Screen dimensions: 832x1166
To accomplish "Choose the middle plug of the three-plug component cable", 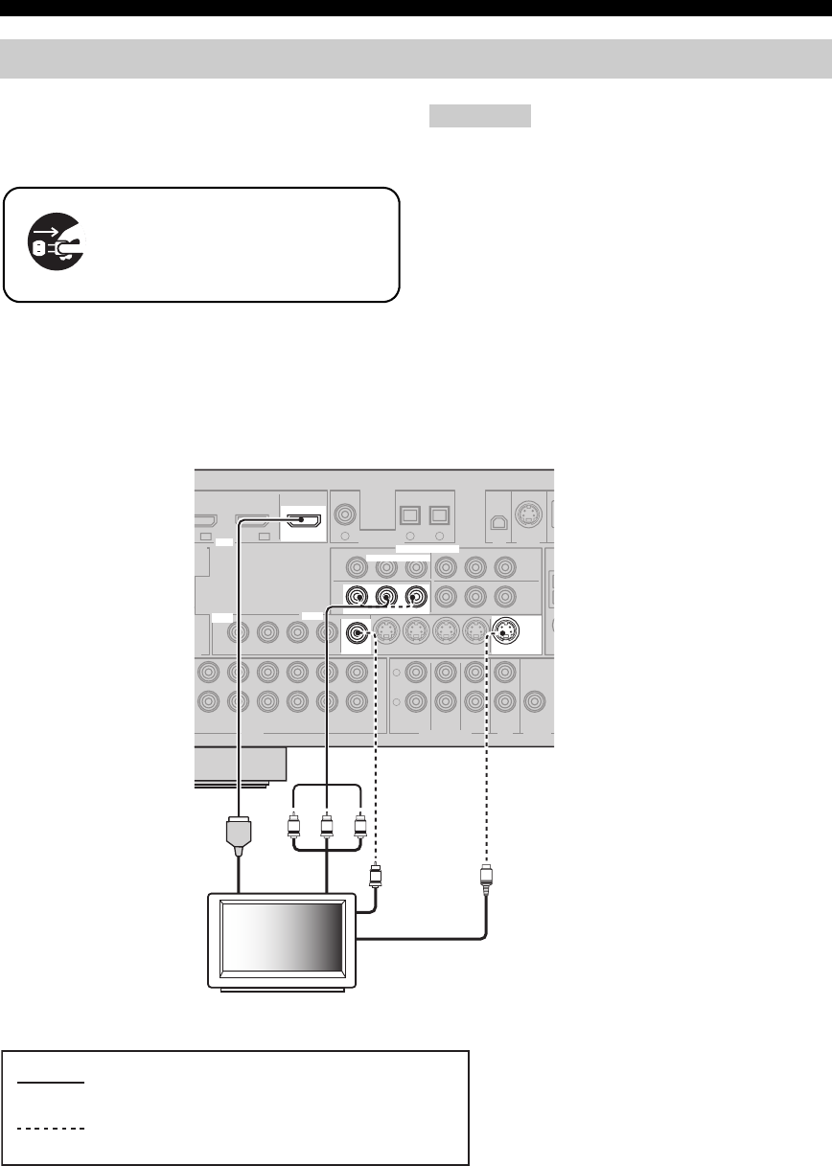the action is coord(327,826).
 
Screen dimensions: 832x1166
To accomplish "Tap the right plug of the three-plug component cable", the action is coord(360,826).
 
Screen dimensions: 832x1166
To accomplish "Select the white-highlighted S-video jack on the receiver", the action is coord(506,632).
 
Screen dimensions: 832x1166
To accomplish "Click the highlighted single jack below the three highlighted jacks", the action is coord(358,632).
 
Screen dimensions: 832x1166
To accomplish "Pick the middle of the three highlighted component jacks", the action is coord(386,597).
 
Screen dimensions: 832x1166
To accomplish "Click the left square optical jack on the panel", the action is coord(408,514).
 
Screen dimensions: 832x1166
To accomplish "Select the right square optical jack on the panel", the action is coord(440,514).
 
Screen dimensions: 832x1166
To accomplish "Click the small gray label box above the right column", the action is coord(479,116).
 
